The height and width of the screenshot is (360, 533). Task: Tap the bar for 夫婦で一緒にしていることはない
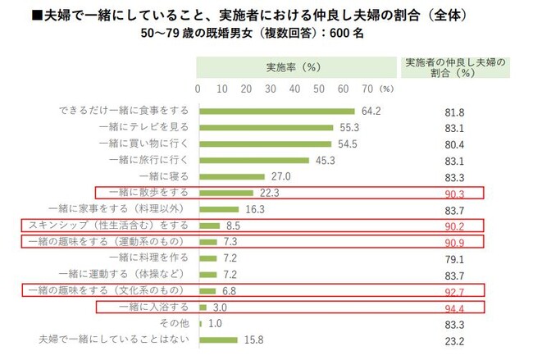tap(217, 339)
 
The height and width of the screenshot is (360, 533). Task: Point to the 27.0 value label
tap(281, 176)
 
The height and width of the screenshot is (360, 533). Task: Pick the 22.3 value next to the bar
tap(269, 193)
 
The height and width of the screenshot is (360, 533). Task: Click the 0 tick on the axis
tap(198, 88)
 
